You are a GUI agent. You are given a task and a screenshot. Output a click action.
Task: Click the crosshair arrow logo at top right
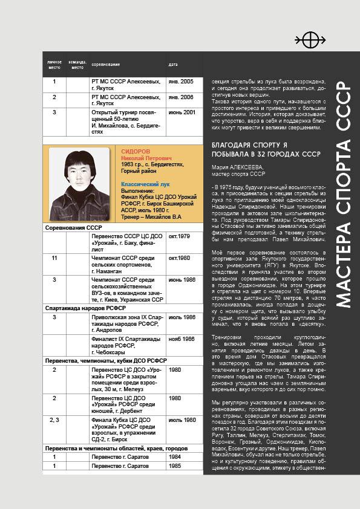(x=310, y=41)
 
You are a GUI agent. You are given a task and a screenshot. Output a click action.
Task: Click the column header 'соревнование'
(x=105, y=65)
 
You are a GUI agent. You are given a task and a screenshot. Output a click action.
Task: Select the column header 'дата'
(x=173, y=65)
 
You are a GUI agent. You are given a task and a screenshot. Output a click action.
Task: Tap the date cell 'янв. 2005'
(x=181, y=81)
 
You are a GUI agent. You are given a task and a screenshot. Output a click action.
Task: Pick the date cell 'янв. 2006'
(x=181, y=97)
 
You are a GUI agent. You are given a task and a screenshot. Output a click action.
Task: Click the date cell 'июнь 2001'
(x=182, y=112)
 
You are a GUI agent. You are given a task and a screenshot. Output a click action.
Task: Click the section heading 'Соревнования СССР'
(x=73, y=227)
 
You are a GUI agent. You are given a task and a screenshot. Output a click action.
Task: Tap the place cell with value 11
(x=54, y=258)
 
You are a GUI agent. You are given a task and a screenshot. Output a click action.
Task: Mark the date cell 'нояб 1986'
(x=182, y=339)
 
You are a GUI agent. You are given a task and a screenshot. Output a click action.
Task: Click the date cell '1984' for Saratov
(x=175, y=457)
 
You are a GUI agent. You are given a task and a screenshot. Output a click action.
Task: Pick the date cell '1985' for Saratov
(x=175, y=466)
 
